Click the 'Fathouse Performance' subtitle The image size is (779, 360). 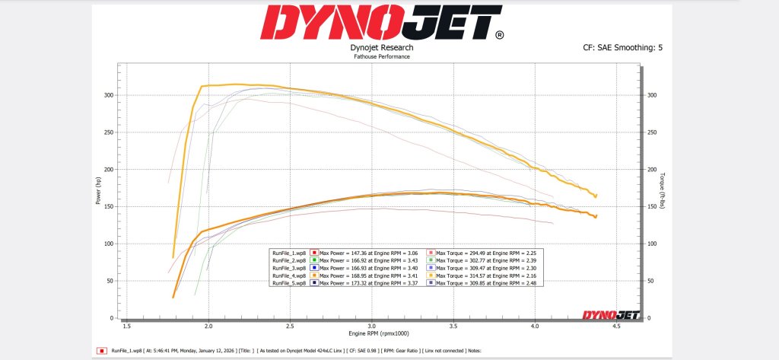tap(382, 56)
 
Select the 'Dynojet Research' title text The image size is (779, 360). tap(382, 47)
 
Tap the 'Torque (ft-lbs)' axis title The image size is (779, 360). tap(665, 192)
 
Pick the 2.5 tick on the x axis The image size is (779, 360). tap(290, 326)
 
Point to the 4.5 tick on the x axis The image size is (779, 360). tap(616, 326)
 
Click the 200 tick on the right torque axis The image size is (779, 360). tap(651, 169)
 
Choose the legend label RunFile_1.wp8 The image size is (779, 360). tap(288, 252)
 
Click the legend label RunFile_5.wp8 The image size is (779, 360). tap(288, 282)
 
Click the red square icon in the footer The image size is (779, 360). tap(101, 351)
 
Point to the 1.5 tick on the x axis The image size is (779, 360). tap(126, 326)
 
